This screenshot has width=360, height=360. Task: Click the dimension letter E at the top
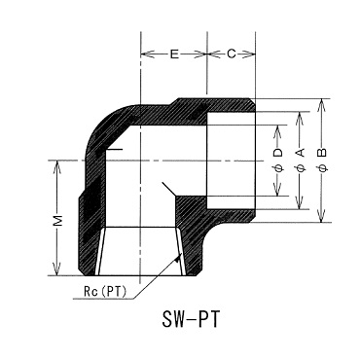tap(174, 54)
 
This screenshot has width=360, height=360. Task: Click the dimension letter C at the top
tap(232, 54)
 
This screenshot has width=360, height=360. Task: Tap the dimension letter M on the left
tap(57, 221)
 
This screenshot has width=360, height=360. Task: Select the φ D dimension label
tap(278, 161)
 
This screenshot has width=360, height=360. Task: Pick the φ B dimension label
tap(323, 160)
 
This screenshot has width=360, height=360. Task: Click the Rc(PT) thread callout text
tap(105, 291)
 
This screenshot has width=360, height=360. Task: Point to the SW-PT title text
tap(191, 319)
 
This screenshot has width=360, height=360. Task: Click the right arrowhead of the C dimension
tap(249, 54)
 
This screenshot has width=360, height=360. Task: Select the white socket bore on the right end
tap(232, 161)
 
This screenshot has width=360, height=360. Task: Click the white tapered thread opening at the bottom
tap(141, 251)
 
